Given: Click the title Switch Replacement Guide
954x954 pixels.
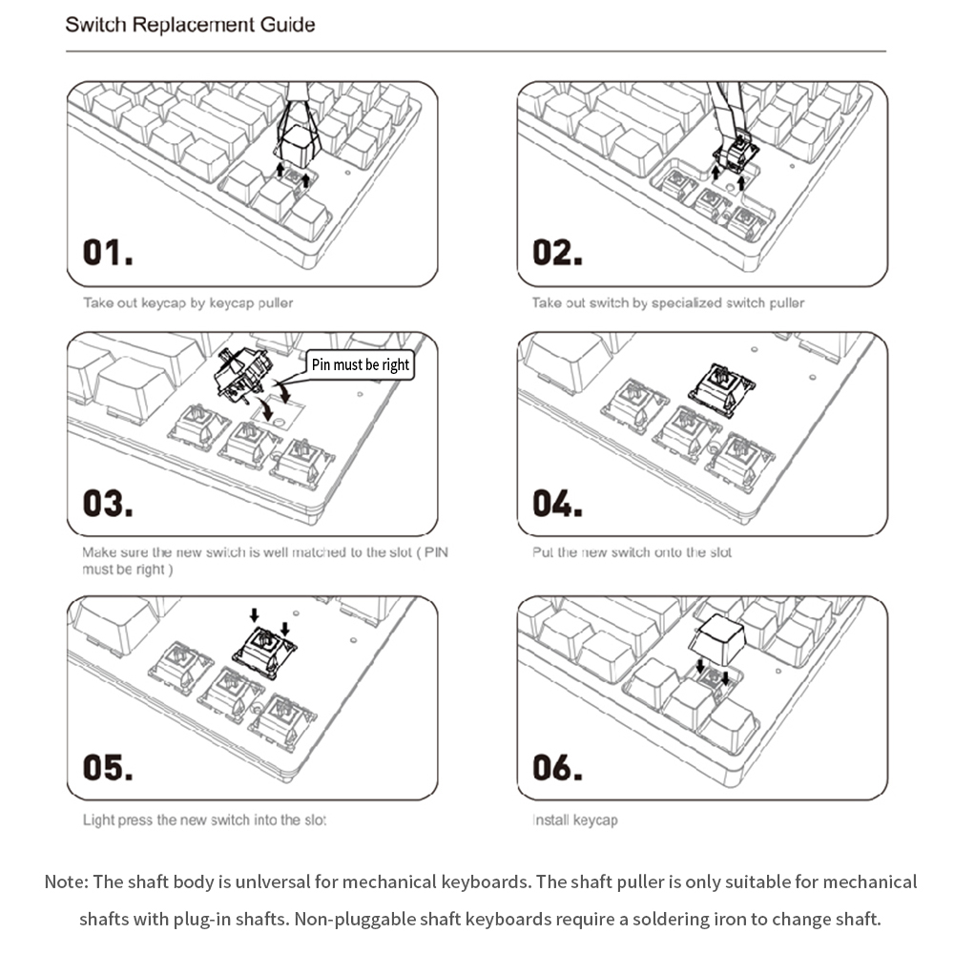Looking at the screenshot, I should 190,24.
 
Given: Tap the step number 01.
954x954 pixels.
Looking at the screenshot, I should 106,253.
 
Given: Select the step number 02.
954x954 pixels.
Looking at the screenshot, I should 556,253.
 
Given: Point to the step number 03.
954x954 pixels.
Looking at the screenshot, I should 106,503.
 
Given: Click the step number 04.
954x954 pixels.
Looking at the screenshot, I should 556,503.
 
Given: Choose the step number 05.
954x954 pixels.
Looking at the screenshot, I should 106,767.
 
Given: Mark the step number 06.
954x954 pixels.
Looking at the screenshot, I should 556,767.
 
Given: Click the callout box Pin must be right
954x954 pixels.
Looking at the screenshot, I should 361,364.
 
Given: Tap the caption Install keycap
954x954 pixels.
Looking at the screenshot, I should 574,819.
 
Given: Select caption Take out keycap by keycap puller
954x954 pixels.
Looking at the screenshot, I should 188,303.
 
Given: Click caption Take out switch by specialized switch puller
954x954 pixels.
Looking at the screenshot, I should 668,303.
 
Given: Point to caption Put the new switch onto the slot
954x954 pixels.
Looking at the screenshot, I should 632,552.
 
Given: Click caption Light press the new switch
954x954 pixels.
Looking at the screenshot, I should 204,819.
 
